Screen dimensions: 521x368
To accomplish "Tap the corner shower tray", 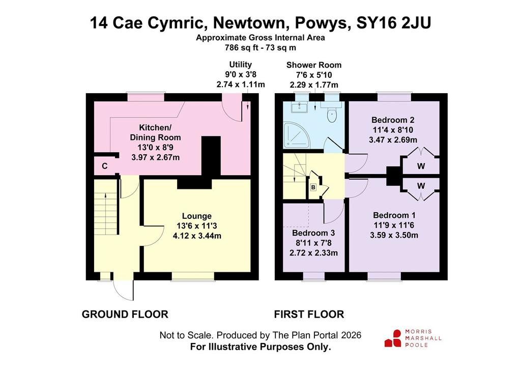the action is click(296, 135).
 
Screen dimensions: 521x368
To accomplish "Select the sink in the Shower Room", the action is click(300, 107).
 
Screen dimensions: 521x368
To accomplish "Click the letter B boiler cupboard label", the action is click(313, 187).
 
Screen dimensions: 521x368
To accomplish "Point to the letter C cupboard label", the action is click(105, 166).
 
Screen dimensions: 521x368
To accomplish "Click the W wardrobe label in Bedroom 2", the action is click(421, 166).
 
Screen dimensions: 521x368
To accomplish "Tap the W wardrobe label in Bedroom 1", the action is click(421, 185).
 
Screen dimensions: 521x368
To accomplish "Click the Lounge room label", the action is click(197, 216).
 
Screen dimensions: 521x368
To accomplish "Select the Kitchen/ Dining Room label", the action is click(155, 132).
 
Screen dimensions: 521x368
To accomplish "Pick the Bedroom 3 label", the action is click(313, 233).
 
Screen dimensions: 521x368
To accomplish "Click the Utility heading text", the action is click(241, 65).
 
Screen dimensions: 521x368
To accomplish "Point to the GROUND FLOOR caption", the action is click(125, 314).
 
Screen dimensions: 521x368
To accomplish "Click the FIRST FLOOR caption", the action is click(309, 314).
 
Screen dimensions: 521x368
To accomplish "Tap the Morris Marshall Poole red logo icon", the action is click(393, 338).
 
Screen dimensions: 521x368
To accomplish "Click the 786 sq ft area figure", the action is click(240, 47).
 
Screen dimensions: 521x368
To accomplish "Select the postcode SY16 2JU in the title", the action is click(394, 23).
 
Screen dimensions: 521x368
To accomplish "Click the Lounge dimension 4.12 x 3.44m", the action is click(197, 236).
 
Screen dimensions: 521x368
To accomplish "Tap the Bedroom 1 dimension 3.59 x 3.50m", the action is click(394, 235).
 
